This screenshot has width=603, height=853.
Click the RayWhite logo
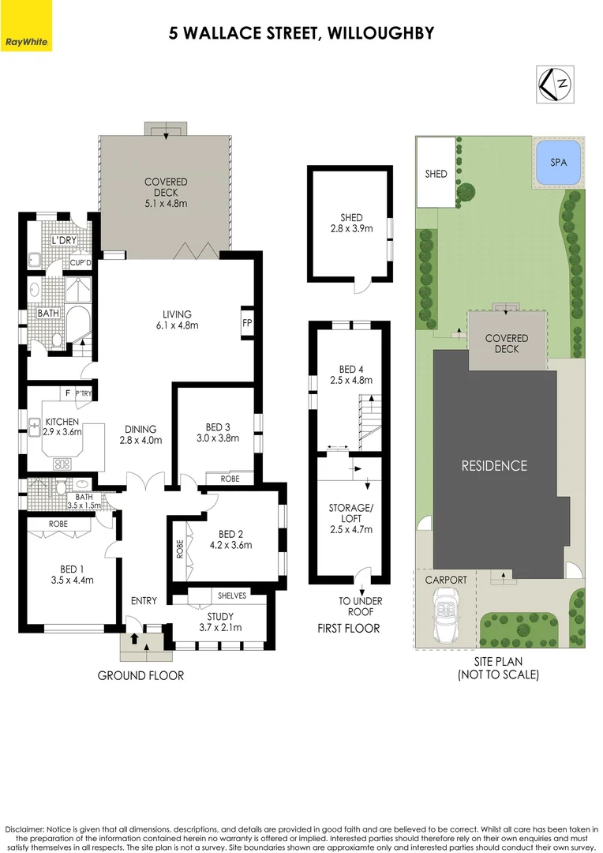pos(26,40)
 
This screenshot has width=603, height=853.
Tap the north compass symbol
pos(556,83)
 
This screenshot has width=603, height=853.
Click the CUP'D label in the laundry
pos(81,262)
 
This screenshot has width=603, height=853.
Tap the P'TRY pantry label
pos(84,393)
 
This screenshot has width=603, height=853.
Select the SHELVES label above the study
pos(232,596)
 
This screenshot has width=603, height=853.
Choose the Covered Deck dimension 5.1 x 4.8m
pos(166,203)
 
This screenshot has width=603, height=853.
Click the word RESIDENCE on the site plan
pos(494,465)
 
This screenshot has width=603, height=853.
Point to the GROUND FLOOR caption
pos(140,675)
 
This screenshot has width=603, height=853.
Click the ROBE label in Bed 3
pos(230,479)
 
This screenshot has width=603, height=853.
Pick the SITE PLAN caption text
pos(498,662)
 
